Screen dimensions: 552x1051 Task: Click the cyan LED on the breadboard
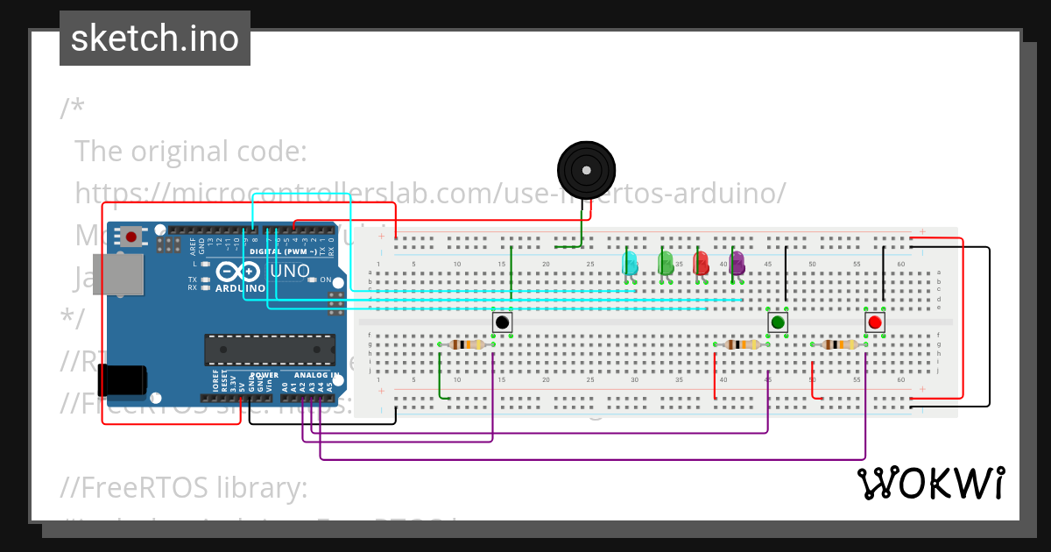(x=629, y=263)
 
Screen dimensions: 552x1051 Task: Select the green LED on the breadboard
(x=665, y=263)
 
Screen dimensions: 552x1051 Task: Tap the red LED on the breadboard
(x=701, y=263)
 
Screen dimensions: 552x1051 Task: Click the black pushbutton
(x=502, y=322)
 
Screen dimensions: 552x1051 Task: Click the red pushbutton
(x=874, y=322)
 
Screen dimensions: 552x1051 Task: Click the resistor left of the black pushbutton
(x=467, y=344)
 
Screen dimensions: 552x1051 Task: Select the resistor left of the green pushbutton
(x=743, y=344)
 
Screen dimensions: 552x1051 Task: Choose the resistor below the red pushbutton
(x=840, y=344)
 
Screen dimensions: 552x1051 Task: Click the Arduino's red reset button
(x=131, y=236)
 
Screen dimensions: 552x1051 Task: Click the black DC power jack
(x=122, y=380)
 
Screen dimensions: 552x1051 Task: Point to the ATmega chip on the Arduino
(x=269, y=350)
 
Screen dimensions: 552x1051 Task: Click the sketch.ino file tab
(x=155, y=39)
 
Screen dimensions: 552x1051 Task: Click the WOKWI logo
(x=930, y=484)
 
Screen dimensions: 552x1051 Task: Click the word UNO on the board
(x=289, y=272)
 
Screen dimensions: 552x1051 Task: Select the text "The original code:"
(x=190, y=151)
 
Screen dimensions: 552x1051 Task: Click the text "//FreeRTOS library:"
(x=184, y=487)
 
